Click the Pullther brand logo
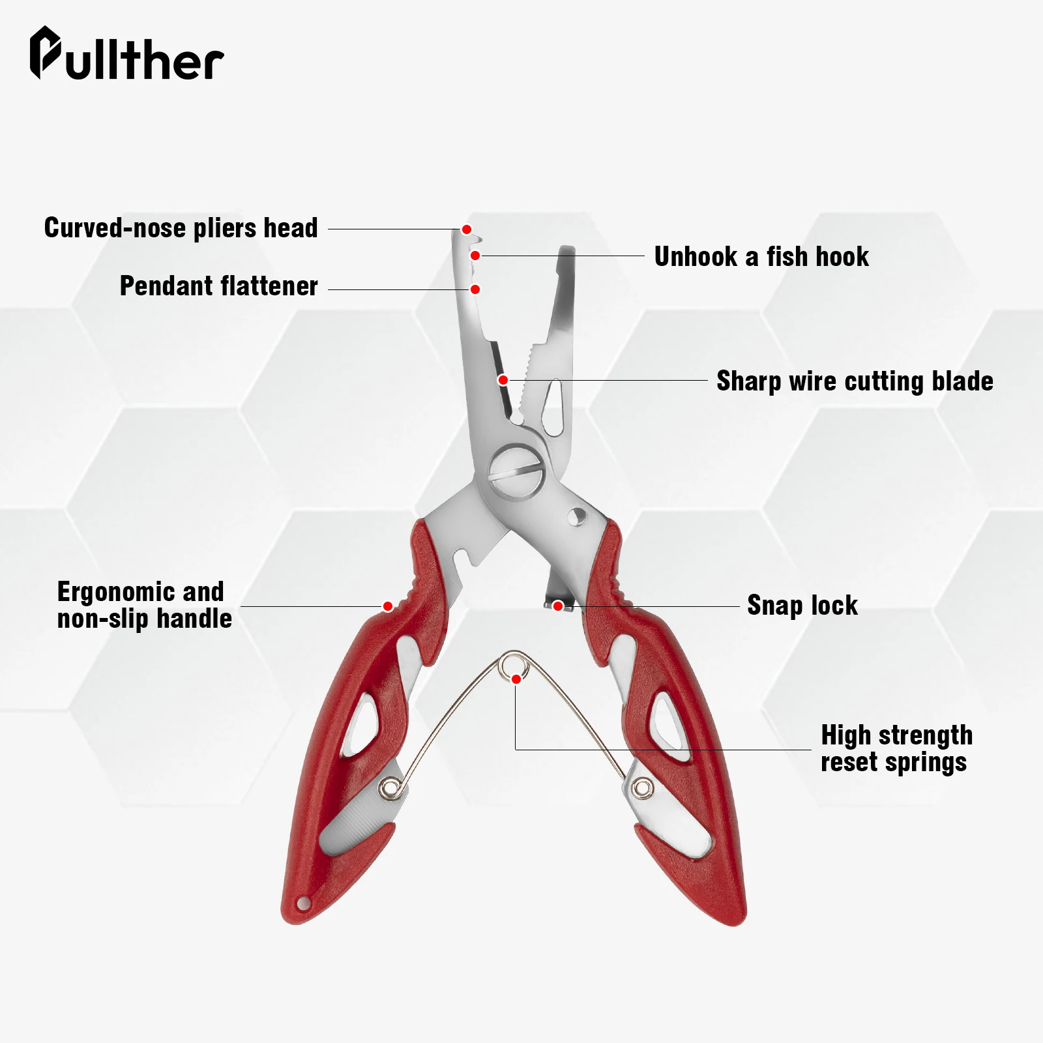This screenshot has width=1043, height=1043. tap(126, 55)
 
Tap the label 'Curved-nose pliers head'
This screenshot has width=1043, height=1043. tap(181, 228)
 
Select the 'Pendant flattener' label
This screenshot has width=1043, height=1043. tap(218, 286)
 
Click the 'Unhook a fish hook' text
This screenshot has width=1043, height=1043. tap(761, 257)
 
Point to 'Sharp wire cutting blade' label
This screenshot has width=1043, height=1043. tap(855, 381)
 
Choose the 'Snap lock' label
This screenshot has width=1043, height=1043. tap(802, 606)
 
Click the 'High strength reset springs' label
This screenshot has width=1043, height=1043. tap(896, 748)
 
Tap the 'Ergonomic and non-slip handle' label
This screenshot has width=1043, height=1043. tap(144, 605)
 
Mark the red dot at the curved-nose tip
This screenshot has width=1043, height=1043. tap(467, 229)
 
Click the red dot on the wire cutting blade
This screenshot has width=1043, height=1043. tap(503, 380)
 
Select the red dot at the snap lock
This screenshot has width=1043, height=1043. tap(557, 606)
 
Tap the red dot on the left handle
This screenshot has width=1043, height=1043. tap(387, 606)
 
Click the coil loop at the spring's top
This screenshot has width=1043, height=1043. tap(512, 666)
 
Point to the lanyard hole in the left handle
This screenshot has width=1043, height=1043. tap(302, 903)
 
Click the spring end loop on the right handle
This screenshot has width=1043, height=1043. tap(643, 788)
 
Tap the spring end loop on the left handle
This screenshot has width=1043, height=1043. tap(390, 788)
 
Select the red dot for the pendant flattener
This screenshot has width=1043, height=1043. tap(475, 289)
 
